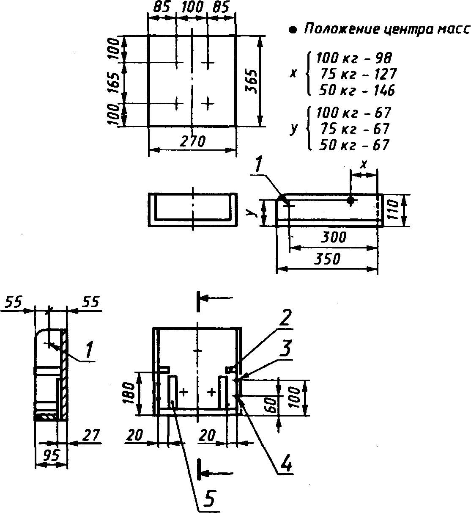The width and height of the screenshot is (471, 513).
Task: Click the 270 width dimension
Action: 192,141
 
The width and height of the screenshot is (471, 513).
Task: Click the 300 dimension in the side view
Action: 333,237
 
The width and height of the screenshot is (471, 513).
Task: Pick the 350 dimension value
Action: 327,259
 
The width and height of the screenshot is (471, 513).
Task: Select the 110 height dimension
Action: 393,210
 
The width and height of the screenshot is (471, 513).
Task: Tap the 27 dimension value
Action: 91,435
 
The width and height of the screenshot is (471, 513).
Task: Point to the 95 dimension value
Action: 51,455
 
